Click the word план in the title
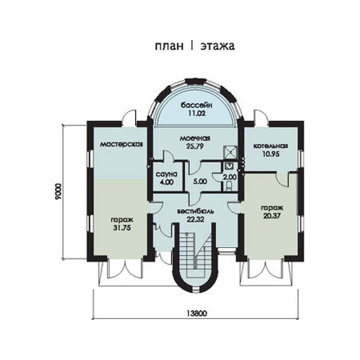coord(169,46)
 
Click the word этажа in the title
coord(218,46)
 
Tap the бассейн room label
coord(196,105)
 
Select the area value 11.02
coord(196,113)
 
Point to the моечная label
coord(195,138)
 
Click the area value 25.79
coord(196,146)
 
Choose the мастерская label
coord(121,144)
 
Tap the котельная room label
coord(271,146)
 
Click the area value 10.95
coord(271,154)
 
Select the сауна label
coord(167,173)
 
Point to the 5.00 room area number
coord(200,182)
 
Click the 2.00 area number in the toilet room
coord(230,177)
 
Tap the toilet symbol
coord(229,186)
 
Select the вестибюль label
coord(196,211)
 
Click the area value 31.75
coord(122,228)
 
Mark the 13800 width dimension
coord(197,313)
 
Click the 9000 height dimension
coord(58,192)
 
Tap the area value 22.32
coord(196,219)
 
